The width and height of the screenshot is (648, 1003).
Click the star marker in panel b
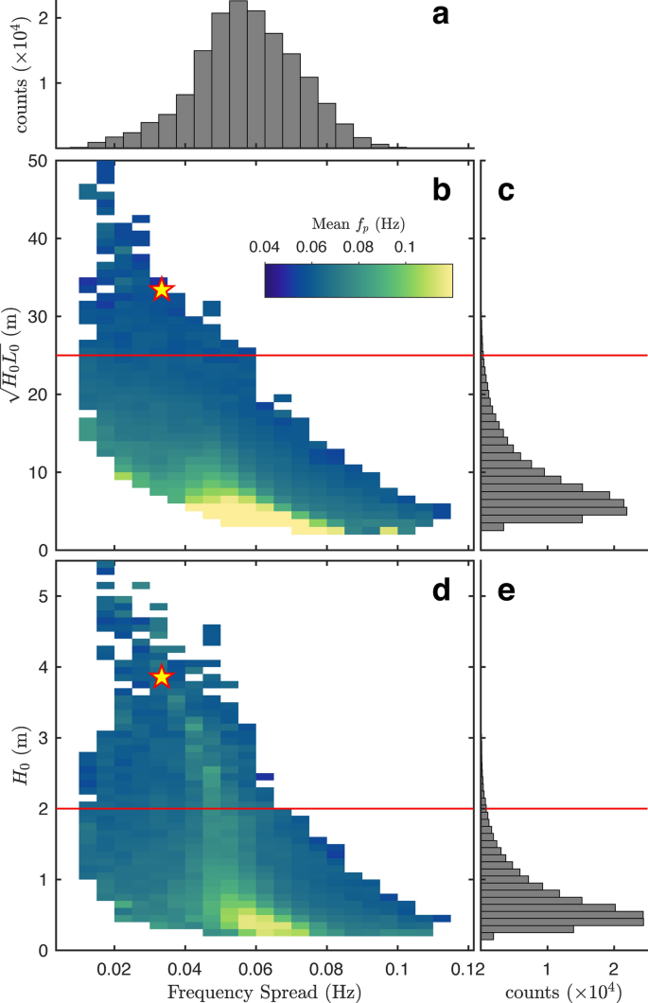pos(162,289)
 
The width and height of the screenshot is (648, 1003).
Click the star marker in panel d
pos(162,677)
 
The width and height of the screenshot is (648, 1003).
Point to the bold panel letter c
pos(506,190)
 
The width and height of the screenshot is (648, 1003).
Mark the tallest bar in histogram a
pos(238,76)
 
